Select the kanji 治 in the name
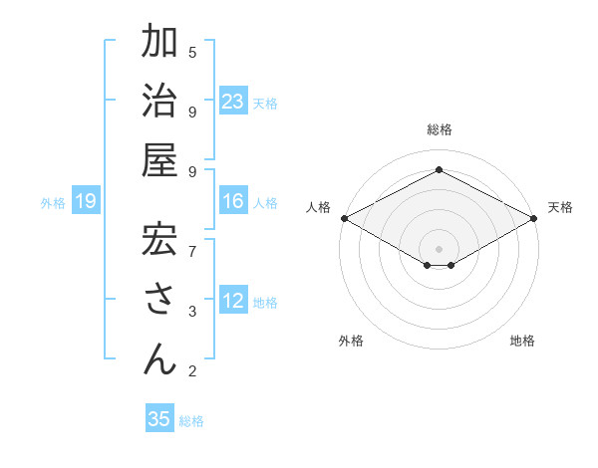point(159,104)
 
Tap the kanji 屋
point(159,161)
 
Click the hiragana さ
point(159,300)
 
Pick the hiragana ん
point(159,357)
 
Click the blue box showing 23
point(233,102)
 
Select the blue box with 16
point(233,202)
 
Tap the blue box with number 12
point(233,302)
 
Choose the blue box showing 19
point(86,202)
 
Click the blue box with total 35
point(159,419)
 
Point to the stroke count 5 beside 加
point(192,52)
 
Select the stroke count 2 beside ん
point(192,371)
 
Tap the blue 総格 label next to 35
point(192,421)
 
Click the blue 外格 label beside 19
point(53,203)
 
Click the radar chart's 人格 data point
point(343,218)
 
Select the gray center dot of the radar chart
point(439,248)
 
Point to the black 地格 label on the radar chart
point(522,341)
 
